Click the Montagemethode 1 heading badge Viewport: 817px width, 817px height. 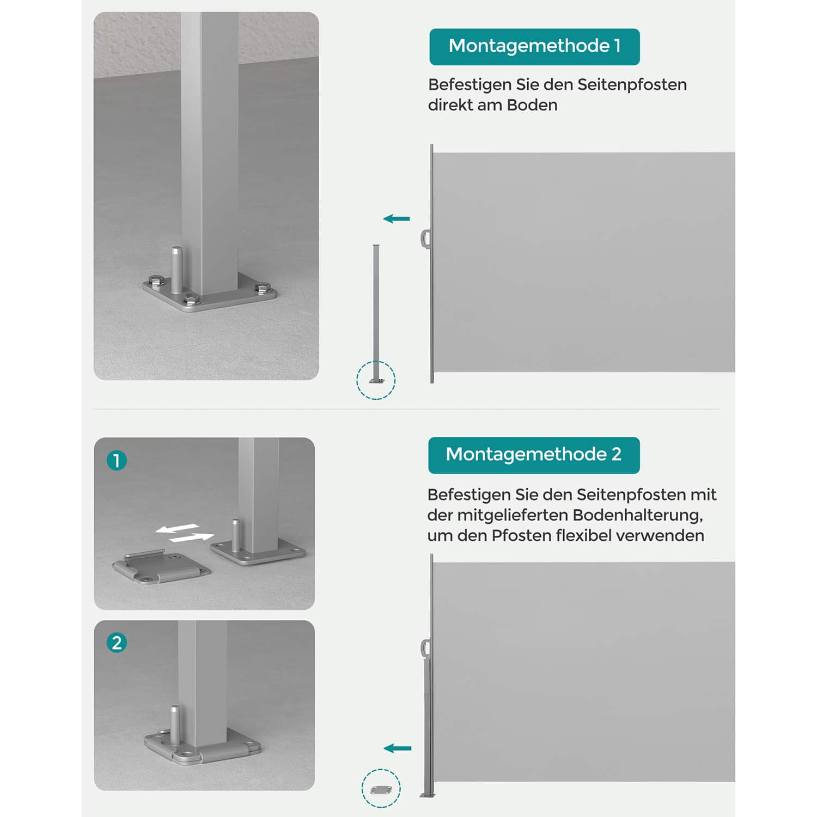pyautogui.click(x=534, y=47)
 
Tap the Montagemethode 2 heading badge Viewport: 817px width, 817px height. pyautogui.click(x=534, y=455)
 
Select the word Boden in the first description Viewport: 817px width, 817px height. pyautogui.click(x=532, y=105)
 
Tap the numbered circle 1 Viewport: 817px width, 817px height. pyautogui.click(x=117, y=461)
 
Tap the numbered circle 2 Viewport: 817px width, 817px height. pyautogui.click(x=117, y=643)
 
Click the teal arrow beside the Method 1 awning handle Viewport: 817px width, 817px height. pyautogui.click(x=397, y=219)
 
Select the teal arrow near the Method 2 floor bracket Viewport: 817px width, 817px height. pyautogui.click(x=398, y=748)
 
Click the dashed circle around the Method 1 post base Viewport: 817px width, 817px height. pyautogui.click(x=376, y=380)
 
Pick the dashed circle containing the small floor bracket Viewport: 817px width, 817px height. pyautogui.click(x=381, y=789)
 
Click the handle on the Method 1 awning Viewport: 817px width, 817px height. pyautogui.click(x=425, y=239)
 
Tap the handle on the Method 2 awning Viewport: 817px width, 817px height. pyautogui.click(x=425, y=648)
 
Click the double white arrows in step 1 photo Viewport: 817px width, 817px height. pyautogui.click(x=184, y=533)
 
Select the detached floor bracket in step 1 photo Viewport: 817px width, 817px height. pyautogui.click(x=161, y=568)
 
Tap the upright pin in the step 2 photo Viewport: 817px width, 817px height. pyautogui.click(x=175, y=722)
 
